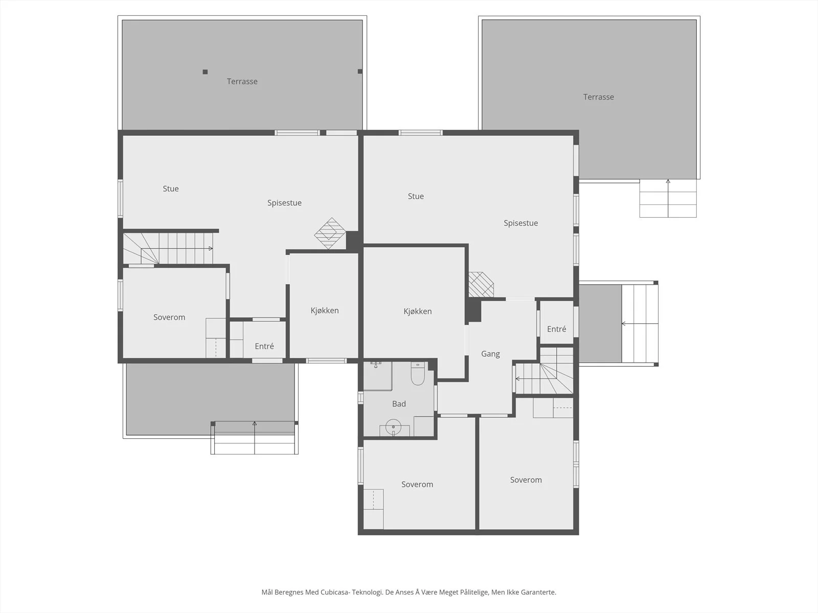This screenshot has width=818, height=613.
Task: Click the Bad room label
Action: [399, 404]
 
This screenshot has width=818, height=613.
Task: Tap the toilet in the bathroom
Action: [418, 373]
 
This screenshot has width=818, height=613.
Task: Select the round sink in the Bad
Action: [393, 427]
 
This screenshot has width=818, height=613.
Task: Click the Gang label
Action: [490, 354]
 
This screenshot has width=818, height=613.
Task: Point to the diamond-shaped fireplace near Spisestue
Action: [330, 233]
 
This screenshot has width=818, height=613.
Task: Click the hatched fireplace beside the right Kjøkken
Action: [481, 285]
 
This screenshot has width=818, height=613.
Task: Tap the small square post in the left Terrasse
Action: [205, 72]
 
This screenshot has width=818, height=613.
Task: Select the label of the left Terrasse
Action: [242, 82]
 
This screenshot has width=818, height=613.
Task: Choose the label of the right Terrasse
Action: [599, 97]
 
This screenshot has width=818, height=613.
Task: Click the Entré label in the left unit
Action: [264, 346]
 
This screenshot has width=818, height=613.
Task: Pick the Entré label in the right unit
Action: [556, 329]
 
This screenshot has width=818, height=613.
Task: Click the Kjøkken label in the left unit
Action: [325, 311]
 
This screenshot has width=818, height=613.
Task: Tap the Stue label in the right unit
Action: [416, 196]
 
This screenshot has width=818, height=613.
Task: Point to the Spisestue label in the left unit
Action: [284, 203]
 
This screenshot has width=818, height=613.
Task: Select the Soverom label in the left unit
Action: [169, 317]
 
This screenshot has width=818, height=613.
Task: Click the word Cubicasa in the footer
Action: [336, 592]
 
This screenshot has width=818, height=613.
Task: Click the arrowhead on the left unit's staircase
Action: [211, 248]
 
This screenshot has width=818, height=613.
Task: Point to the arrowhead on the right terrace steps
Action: [668, 181]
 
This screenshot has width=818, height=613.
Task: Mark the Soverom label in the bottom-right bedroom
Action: [526, 480]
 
